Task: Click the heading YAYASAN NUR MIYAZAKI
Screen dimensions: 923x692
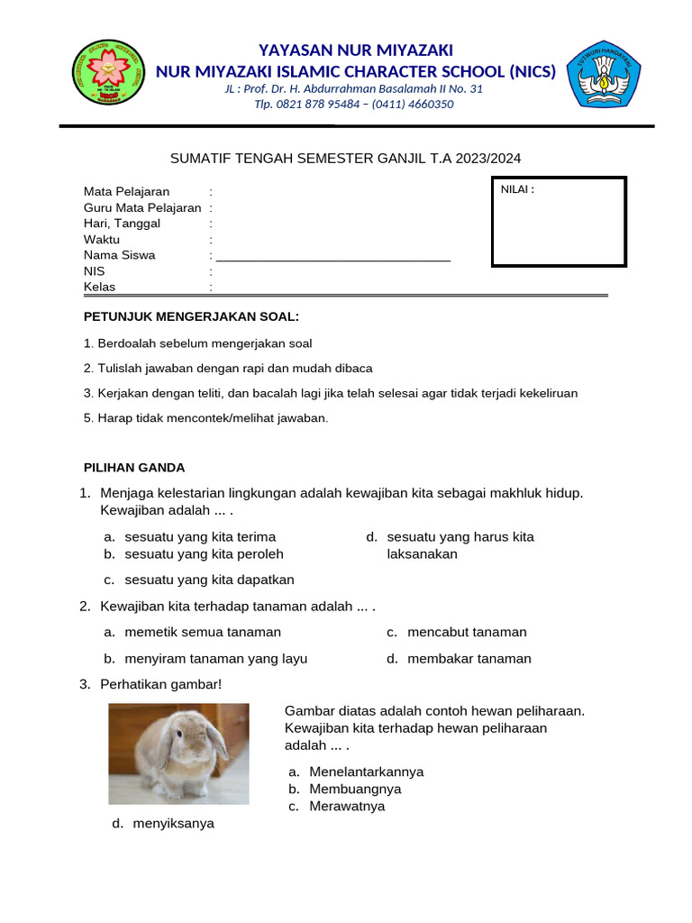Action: pyautogui.click(x=356, y=50)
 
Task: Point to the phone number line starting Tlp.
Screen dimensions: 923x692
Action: pyautogui.click(x=354, y=105)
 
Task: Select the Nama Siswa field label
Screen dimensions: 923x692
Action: pyautogui.click(x=119, y=255)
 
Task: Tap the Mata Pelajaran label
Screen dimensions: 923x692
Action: pyautogui.click(x=126, y=192)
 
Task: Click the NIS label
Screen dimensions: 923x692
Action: pyautogui.click(x=95, y=271)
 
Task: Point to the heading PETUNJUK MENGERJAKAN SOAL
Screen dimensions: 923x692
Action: pyautogui.click(x=191, y=316)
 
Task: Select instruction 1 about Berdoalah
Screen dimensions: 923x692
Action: pyautogui.click(x=197, y=343)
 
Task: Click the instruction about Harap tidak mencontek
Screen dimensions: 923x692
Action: pyautogui.click(x=205, y=418)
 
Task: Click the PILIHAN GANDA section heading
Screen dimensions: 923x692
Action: pyautogui.click(x=134, y=468)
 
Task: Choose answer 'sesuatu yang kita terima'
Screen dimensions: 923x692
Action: pyautogui.click(x=200, y=537)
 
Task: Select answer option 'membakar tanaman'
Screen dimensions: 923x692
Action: pyautogui.click(x=469, y=659)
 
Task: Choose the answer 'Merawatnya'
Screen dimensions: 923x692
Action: pyautogui.click(x=346, y=806)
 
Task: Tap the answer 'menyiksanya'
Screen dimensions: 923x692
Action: pyautogui.click(x=173, y=823)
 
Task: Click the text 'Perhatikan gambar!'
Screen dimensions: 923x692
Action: pyautogui.click(x=160, y=685)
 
